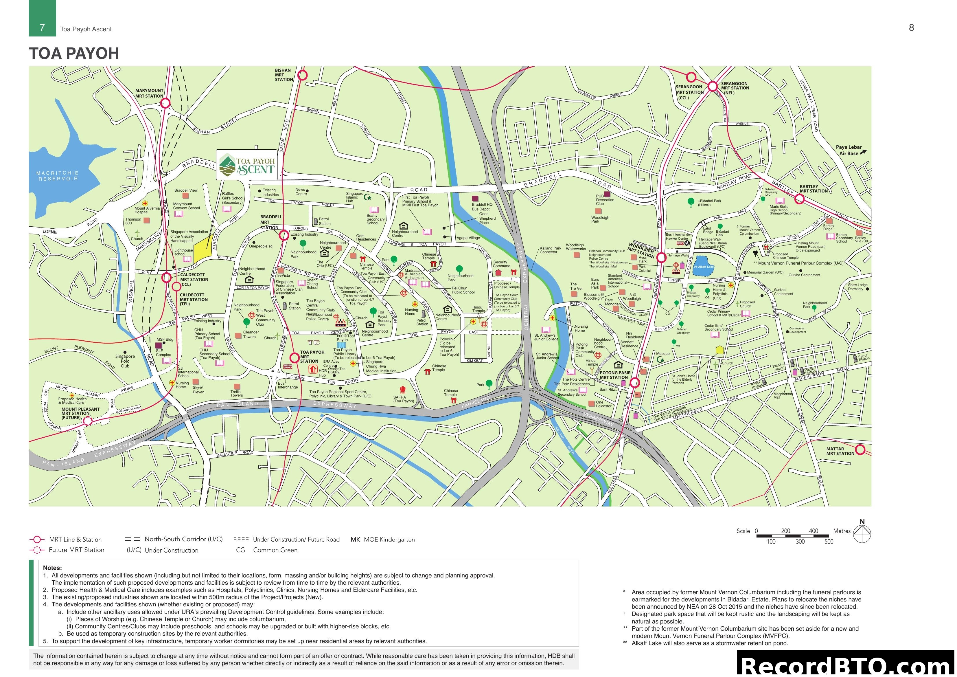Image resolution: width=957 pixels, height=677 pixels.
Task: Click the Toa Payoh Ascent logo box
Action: click(247, 165)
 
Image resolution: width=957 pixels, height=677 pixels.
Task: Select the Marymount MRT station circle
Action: click(165, 103)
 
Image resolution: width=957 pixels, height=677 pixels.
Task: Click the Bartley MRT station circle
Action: click(799, 199)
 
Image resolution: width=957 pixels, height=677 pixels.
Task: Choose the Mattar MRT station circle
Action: click(860, 450)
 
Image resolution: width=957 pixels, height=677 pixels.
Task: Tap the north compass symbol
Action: click(862, 533)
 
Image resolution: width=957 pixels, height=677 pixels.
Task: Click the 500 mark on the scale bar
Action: click(829, 542)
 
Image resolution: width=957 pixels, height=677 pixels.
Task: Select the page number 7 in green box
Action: click(42, 27)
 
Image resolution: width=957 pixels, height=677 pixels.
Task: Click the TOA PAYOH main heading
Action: click(74, 53)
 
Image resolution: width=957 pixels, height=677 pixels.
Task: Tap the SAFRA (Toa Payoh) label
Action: click(404, 399)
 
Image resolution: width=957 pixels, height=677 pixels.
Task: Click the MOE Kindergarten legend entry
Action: click(383, 539)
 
